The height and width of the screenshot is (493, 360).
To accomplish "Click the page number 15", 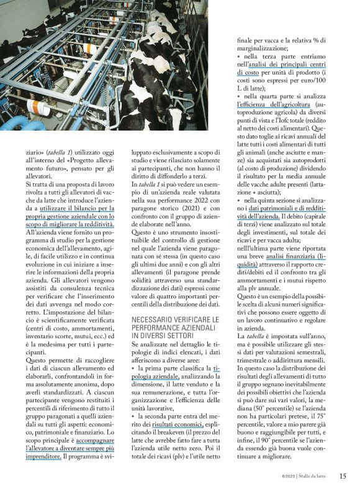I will (343, 476).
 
